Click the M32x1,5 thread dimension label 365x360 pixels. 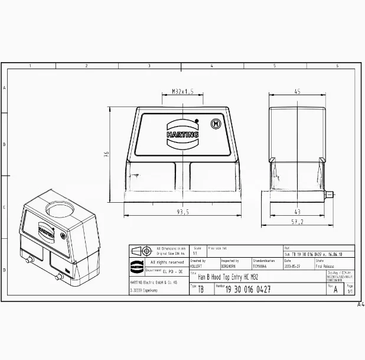coord(182,92)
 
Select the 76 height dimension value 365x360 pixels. coord(107,154)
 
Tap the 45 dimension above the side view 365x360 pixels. coord(297,92)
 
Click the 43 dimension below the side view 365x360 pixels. coord(297,212)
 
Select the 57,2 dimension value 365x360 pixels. coord(297,222)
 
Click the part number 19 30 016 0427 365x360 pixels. coord(248,289)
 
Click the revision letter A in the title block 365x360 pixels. coord(336,290)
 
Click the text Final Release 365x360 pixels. coord(325,266)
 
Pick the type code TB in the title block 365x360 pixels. coord(200,290)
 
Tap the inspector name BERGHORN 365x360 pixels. coord(230,266)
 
